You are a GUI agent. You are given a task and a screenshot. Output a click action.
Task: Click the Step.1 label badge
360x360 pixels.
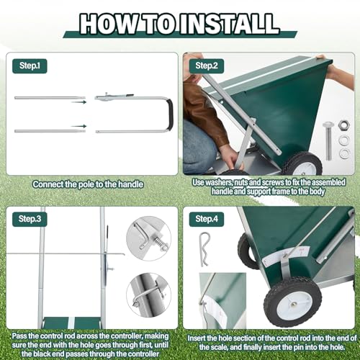click(x=30, y=66)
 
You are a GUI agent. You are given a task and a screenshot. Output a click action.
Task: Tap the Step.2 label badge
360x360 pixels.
click(x=207, y=66)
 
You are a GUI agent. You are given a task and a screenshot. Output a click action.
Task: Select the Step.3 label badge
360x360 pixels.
click(x=30, y=219)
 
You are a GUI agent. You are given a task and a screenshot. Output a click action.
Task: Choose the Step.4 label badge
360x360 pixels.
click(x=207, y=219)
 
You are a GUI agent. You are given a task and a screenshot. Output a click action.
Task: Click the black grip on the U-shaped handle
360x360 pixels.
click(x=170, y=114)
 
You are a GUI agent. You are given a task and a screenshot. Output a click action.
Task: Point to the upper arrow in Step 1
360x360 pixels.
click(x=78, y=102)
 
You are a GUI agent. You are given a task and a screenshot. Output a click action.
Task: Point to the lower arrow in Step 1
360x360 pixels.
click(x=78, y=126)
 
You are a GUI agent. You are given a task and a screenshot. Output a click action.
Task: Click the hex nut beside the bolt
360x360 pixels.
click(x=343, y=125)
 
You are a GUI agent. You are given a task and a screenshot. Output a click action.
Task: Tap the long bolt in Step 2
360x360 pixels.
click(x=328, y=141)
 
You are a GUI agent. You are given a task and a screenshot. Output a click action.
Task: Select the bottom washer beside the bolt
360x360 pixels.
click(x=344, y=153)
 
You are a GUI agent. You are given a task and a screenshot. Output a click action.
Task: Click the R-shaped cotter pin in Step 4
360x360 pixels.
click(x=204, y=249)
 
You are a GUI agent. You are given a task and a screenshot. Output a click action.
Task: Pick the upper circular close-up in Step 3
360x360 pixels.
click(x=149, y=238)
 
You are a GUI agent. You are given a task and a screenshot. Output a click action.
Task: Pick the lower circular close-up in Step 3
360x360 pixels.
click(x=149, y=295)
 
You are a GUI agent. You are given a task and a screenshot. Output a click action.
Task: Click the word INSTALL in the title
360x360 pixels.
click(x=230, y=24)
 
